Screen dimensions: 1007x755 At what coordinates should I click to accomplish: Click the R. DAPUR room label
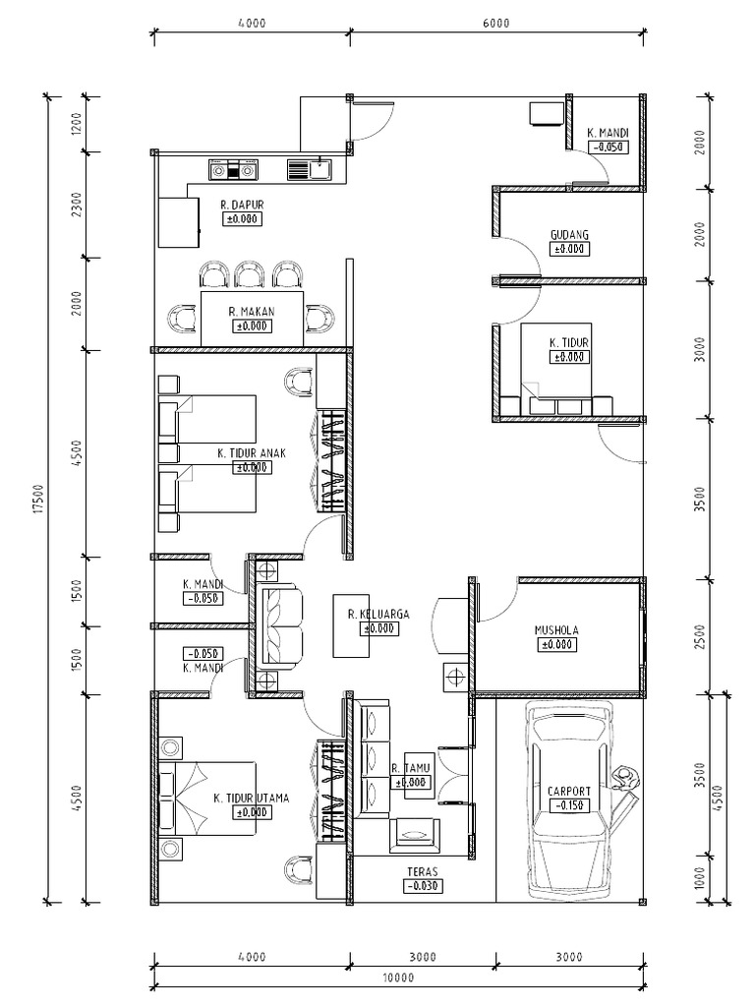coord(242,206)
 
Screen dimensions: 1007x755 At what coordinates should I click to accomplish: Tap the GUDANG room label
coord(569,235)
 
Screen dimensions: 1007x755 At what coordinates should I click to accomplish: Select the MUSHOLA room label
coord(555,630)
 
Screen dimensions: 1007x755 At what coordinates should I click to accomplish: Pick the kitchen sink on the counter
coord(311,170)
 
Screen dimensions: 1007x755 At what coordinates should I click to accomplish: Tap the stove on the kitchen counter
coord(233,171)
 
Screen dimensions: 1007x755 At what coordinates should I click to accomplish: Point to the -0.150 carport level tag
coord(569,805)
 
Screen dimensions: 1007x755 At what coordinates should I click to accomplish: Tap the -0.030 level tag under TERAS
coord(422,885)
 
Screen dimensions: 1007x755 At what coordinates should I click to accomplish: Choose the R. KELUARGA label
coord(377,614)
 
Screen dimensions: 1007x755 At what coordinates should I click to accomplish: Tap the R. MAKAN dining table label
coord(252,312)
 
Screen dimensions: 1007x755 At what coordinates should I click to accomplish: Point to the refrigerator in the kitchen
coord(179,222)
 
